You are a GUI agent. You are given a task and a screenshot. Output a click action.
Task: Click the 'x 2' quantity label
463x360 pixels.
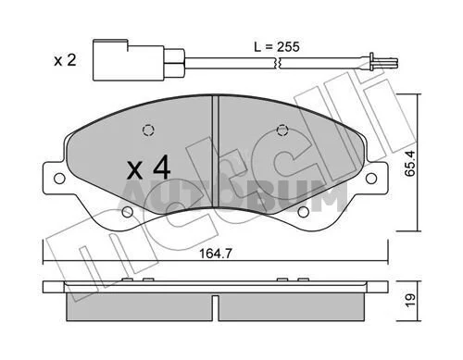[x=65, y=60]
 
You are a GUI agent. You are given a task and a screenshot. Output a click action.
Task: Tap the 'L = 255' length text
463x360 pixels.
[x=277, y=47]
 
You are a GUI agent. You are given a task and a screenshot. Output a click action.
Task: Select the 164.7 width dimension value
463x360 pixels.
[x=215, y=254]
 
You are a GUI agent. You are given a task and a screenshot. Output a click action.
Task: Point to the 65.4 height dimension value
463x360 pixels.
[x=410, y=163]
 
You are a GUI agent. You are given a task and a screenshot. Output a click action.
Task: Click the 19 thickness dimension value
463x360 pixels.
[x=410, y=301]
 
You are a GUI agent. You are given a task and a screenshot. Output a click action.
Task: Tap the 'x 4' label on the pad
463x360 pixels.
[x=148, y=168]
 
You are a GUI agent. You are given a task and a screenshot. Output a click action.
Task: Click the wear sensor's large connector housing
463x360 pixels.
[x=129, y=60]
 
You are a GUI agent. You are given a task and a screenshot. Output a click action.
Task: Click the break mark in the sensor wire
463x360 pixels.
[x=277, y=63]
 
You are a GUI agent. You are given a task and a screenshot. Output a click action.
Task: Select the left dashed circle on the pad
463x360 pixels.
[x=148, y=130]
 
